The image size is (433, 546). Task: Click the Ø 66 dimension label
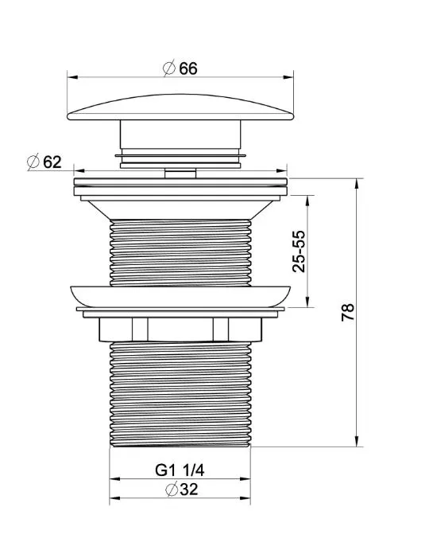pos(180,68)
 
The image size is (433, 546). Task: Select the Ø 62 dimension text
pos(44,162)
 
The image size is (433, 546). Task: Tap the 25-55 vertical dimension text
pos(299,251)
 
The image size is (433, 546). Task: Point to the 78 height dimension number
pos(347,312)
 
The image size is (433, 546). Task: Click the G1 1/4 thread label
pos(180,470)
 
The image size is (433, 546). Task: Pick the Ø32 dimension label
pos(182,489)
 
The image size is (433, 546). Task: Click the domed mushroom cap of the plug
pos(180,107)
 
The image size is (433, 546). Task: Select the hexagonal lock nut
pos(180,330)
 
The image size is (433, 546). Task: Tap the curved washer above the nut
pos(180,296)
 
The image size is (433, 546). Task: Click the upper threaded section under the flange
pos(180,253)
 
